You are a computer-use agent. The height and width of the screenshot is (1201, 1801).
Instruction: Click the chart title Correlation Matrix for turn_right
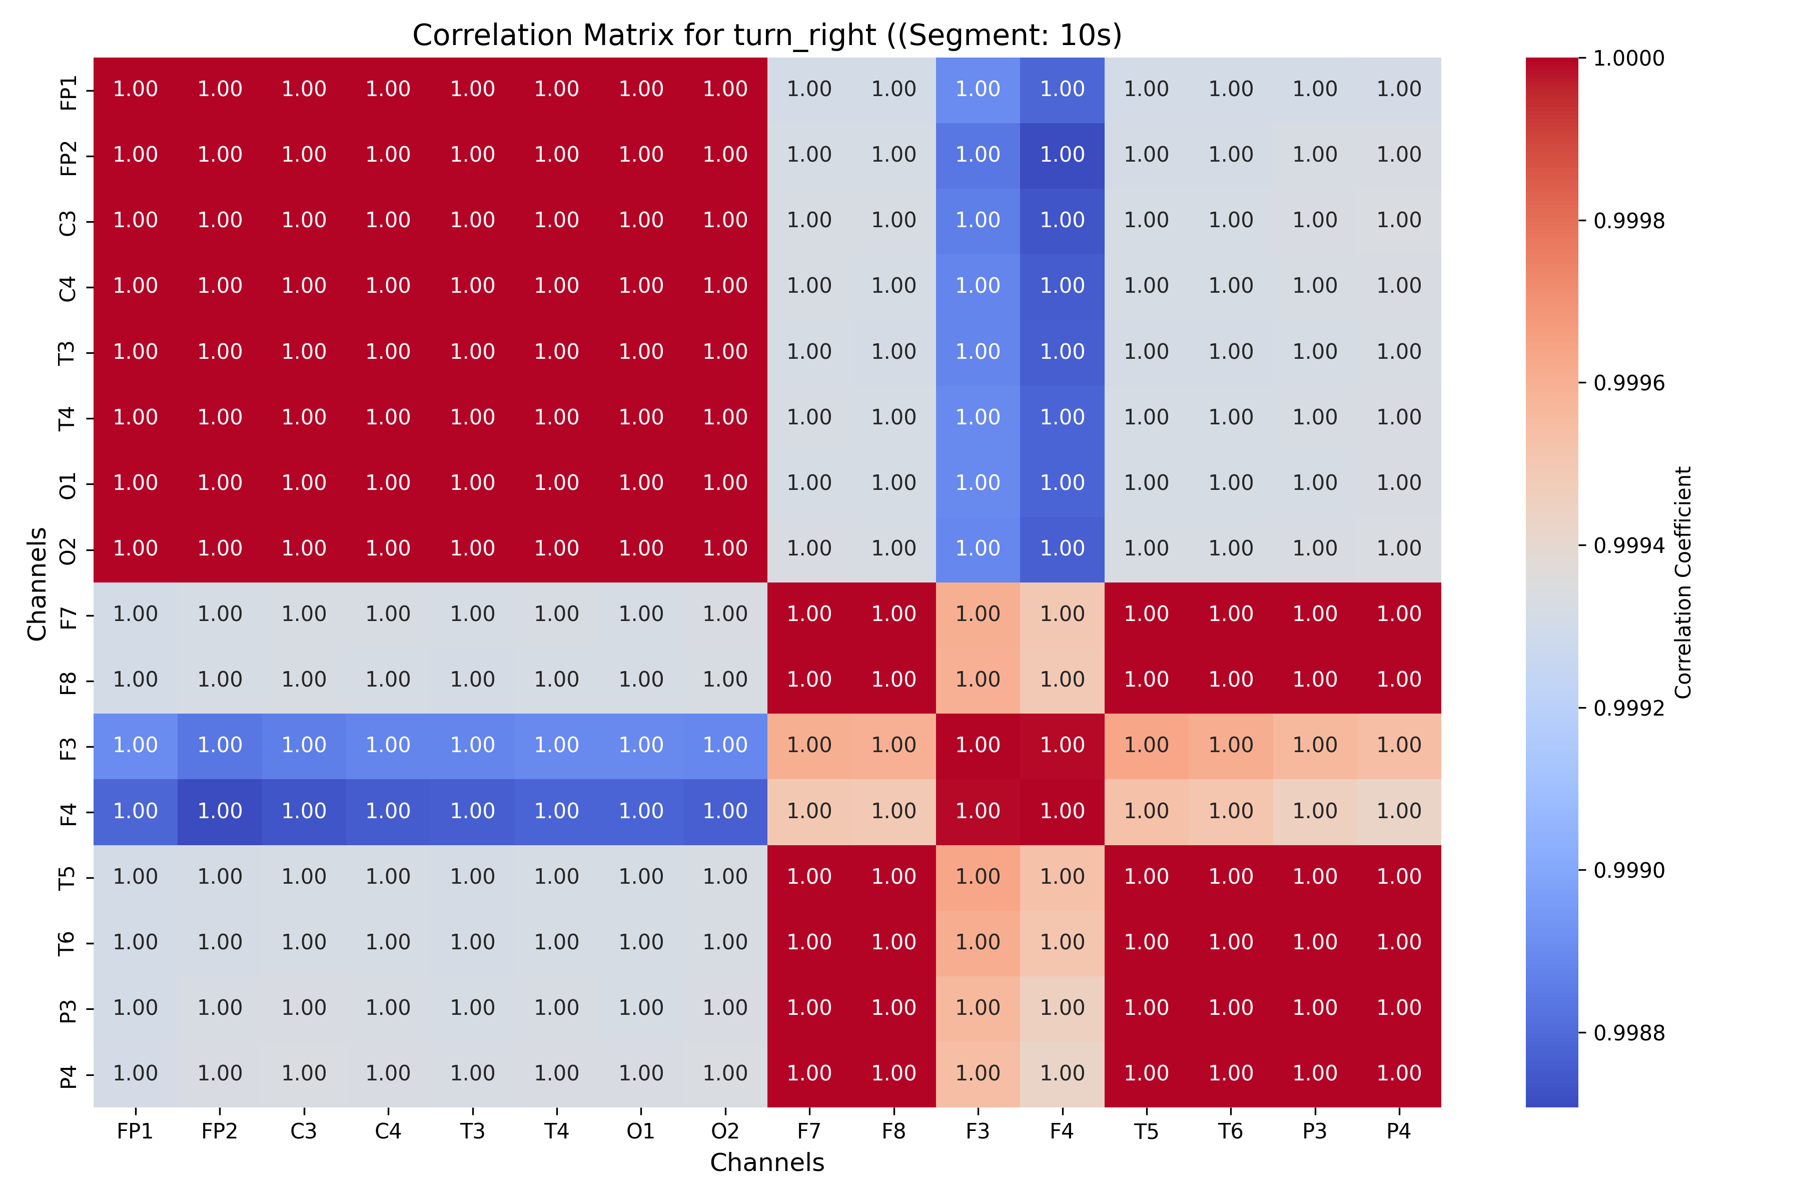(x=766, y=35)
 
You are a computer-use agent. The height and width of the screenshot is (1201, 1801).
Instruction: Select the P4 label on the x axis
(x=1398, y=1131)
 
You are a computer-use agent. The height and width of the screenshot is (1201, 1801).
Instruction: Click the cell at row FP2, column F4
(x=1062, y=155)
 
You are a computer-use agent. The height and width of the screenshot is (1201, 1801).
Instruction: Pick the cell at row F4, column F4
(x=1062, y=812)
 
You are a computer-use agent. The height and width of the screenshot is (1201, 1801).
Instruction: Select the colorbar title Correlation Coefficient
(x=1682, y=582)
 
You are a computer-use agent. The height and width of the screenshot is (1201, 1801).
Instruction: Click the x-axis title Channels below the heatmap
(x=766, y=1162)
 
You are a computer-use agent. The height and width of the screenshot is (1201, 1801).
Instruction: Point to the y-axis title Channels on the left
(x=37, y=582)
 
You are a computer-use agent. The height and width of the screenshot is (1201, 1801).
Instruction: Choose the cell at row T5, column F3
(x=978, y=877)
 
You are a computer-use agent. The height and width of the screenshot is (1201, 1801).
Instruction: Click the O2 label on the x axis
(x=724, y=1131)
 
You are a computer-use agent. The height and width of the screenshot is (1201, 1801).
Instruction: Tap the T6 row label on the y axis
(x=68, y=943)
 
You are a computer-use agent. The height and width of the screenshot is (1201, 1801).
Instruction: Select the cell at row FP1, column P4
(x=1398, y=90)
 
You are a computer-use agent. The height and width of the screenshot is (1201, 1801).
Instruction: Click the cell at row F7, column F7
(x=809, y=615)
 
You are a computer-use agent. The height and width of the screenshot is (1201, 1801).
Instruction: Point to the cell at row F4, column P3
(x=1314, y=812)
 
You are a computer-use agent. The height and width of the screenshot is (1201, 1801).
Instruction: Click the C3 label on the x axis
(x=304, y=1131)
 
